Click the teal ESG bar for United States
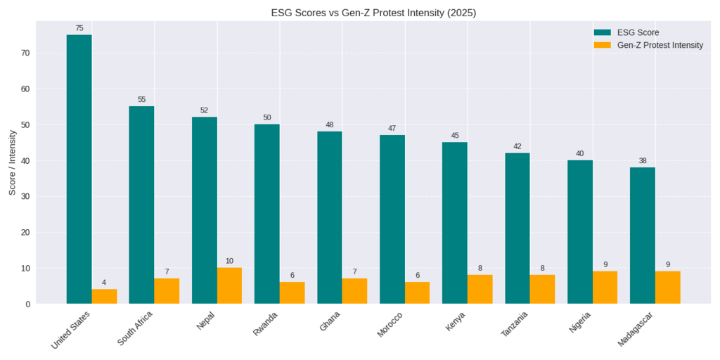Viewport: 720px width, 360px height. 79,169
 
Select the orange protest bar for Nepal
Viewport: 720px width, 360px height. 229,285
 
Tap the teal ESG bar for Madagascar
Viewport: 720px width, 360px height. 642,236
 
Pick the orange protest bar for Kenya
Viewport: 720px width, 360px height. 480,289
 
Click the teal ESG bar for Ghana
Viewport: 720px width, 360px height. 329,217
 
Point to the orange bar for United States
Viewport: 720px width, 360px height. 104,296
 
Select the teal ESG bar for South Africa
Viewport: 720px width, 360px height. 141,205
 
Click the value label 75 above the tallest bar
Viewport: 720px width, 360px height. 79,28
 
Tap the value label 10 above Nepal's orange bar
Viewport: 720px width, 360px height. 229,261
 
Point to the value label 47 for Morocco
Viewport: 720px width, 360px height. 392,129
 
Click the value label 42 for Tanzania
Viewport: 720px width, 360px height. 517,146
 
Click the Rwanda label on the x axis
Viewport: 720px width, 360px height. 265,324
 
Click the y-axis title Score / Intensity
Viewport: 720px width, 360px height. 12,162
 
